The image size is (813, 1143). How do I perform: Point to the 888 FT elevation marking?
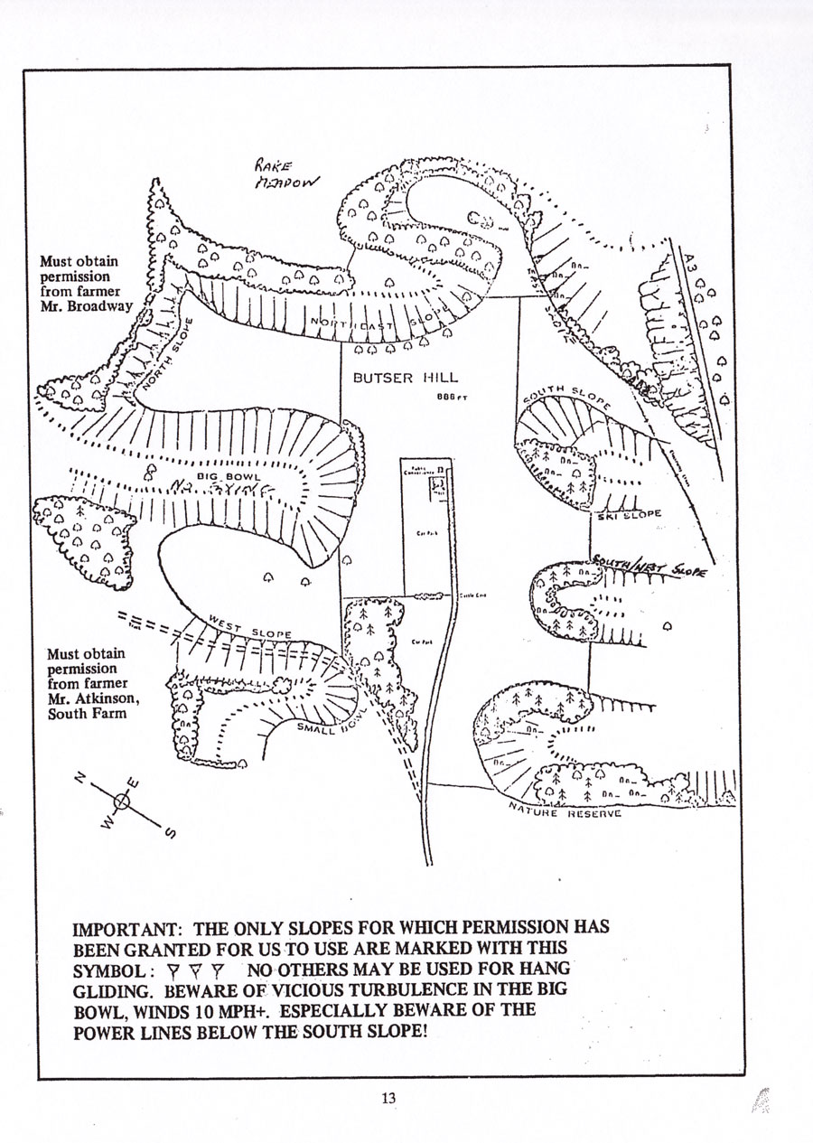pyautogui.click(x=452, y=396)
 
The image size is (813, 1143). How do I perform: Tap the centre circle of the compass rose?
pyautogui.click(x=124, y=801)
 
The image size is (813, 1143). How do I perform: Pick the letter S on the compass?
pyautogui.click(x=169, y=833)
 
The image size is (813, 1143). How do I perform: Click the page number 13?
pyautogui.click(x=388, y=1098)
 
